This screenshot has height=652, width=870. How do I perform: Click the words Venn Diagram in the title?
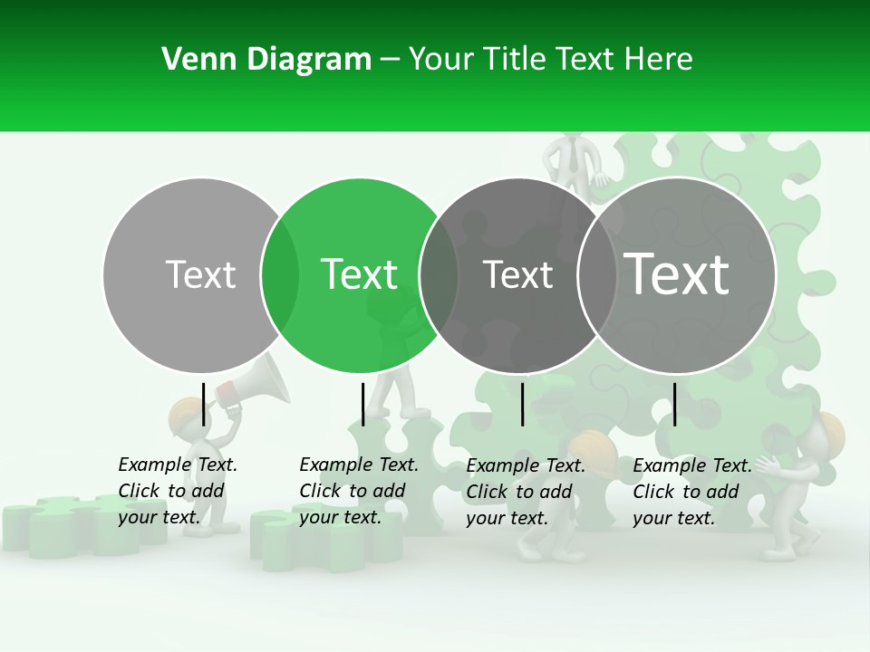(x=266, y=60)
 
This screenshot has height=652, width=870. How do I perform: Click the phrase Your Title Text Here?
(x=550, y=60)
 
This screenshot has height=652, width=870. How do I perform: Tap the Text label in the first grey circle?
(x=200, y=274)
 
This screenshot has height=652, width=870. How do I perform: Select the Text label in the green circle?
(x=360, y=274)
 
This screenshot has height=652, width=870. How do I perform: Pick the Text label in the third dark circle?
(x=518, y=274)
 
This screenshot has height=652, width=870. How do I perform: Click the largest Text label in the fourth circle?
(x=677, y=274)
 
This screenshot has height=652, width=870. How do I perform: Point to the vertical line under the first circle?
(x=203, y=404)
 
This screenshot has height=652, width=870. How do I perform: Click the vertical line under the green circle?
(x=362, y=404)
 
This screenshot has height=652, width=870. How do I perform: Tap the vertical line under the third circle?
(x=522, y=404)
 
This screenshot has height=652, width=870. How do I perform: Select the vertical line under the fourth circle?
(x=674, y=404)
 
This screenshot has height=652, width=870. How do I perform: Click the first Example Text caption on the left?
(x=178, y=491)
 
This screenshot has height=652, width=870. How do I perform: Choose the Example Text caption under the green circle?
(x=359, y=491)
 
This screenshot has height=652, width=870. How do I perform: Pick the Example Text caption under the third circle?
(x=526, y=492)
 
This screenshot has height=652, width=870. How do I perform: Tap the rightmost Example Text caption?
(x=692, y=492)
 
